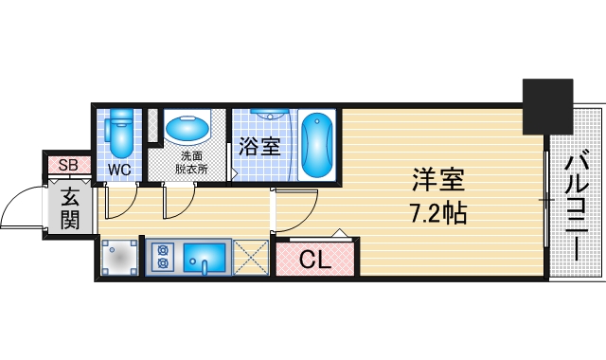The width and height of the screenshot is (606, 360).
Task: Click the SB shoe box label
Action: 68,166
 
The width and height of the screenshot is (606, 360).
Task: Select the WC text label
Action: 119,170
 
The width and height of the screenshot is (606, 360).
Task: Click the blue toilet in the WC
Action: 120,134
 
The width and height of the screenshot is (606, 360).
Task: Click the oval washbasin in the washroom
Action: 188,127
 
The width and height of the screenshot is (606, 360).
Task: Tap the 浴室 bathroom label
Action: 258,147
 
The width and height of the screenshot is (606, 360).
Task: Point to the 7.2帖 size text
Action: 437,212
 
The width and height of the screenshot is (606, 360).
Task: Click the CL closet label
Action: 315,260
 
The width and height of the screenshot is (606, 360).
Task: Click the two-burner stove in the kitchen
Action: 162,256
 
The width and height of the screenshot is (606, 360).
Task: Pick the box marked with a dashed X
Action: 251,257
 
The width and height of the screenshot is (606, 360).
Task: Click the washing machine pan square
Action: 119,257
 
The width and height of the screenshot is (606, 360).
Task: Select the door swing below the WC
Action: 121,201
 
